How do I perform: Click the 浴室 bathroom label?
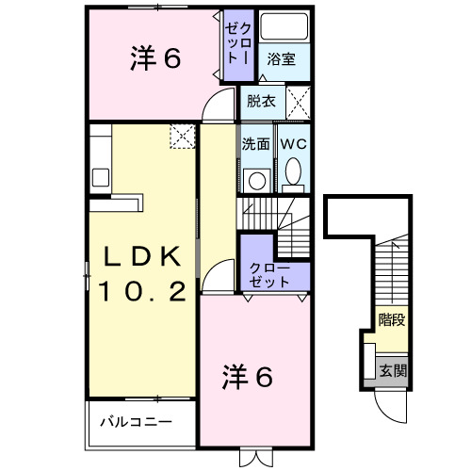[x=280, y=59]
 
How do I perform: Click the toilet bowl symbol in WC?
[x=292, y=173]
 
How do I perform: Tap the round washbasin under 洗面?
[x=255, y=179]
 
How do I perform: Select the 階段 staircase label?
[x=393, y=319]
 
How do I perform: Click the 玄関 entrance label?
[x=393, y=370]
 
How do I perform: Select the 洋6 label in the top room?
[x=154, y=58]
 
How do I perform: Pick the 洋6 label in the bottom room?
[x=248, y=377]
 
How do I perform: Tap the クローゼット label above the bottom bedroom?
[x=270, y=275]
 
